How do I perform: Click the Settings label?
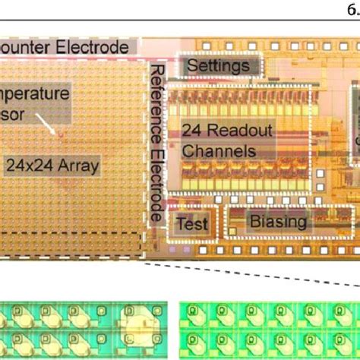218,66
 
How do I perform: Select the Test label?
192,224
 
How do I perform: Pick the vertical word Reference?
158,96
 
